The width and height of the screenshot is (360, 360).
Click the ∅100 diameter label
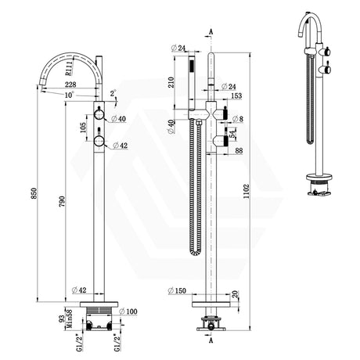129,311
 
